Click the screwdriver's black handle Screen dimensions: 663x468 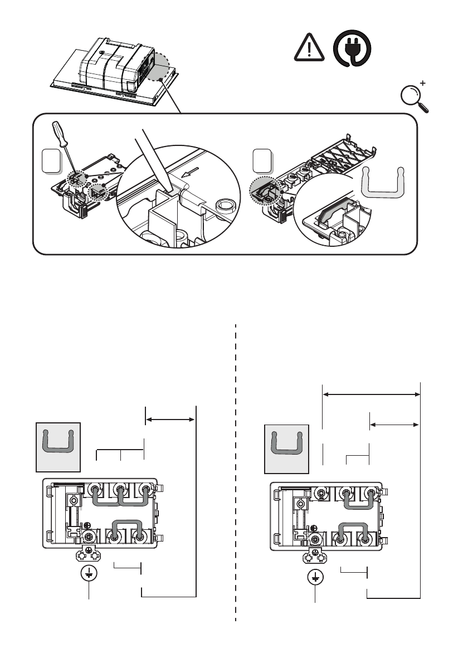coord(59,131)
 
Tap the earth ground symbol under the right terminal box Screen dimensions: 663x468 coord(315,577)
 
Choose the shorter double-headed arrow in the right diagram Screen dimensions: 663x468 coord(394,425)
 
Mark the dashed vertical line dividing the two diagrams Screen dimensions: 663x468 coord(236,474)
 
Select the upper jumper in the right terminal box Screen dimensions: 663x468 coord(357,501)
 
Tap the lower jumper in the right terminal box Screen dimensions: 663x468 coord(353,533)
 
